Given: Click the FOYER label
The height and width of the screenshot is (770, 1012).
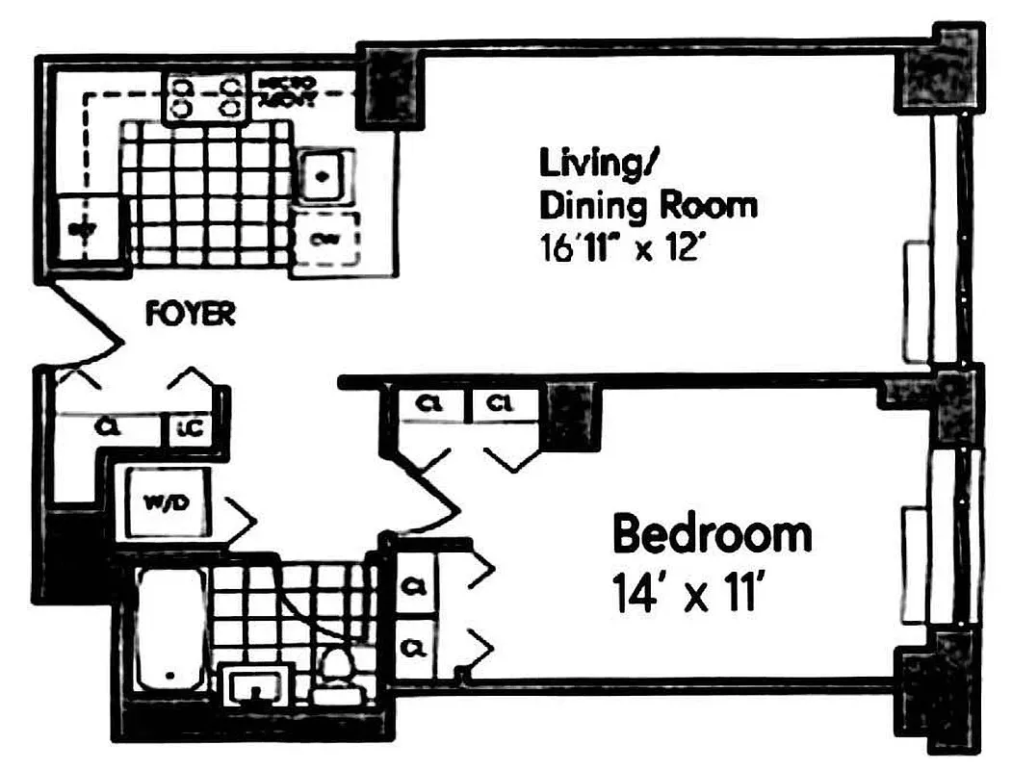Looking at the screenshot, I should coord(190,314).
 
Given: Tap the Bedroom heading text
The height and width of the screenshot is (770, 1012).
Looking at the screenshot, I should coord(712,534).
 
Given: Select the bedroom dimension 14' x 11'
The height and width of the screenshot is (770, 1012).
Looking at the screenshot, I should coord(688,593).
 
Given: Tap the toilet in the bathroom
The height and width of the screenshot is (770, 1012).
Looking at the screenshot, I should coord(338,670).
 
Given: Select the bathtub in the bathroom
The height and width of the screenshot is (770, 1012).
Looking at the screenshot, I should coord(171,628).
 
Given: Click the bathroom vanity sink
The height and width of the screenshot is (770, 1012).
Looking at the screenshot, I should coord(257,684).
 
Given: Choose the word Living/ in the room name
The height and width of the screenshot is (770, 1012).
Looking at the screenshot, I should coord(597,164).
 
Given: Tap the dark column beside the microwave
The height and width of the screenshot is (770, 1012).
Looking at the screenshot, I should coord(389,90).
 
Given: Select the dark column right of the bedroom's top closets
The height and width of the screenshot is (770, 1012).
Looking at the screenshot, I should coord(569,414).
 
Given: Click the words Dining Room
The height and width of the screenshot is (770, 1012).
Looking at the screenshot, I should coord(647,205).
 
